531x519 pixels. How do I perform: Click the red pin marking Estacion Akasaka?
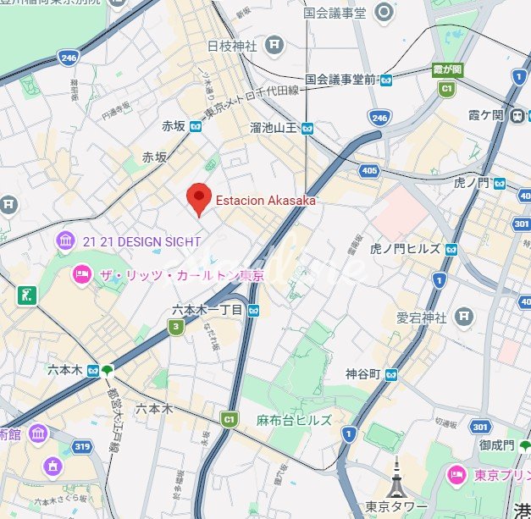pos(198,197)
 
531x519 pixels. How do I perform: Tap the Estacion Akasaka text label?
pos(265,201)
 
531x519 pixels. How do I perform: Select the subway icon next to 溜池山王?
pos(307,129)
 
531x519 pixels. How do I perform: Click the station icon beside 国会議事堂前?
pos(386,80)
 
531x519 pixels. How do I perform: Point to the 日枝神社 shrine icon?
pos(274,45)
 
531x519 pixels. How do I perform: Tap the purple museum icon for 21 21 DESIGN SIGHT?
pos(66,242)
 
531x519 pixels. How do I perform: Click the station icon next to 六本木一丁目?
pos(254,310)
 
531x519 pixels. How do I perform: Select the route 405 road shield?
pos(368,172)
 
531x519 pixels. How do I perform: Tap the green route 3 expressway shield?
pos(175,327)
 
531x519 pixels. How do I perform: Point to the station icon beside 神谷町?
pos(390,373)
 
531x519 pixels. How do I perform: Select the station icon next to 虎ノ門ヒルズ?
pos(453,249)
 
